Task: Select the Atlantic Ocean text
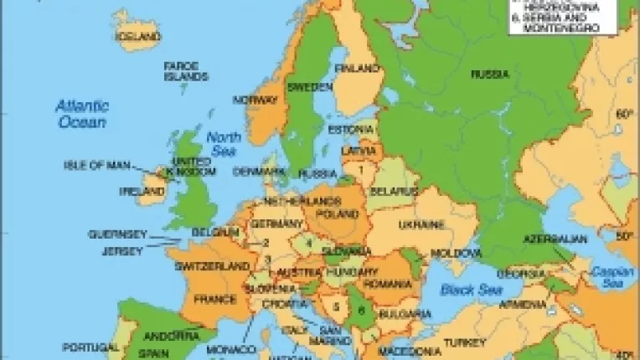coord(81,113)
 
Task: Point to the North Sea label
coord(224,143)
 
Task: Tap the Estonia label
coord(348,130)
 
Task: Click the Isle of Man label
coord(97,165)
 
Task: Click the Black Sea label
coord(460,290)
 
